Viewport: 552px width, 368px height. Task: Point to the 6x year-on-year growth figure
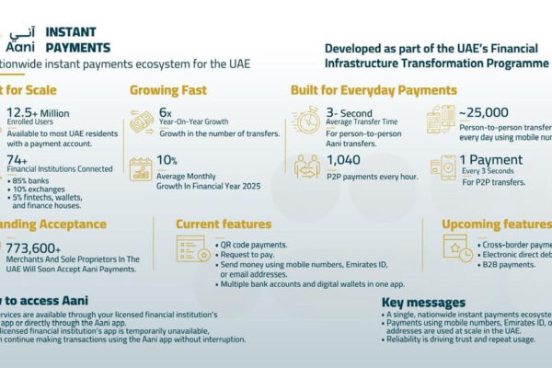(166, 112)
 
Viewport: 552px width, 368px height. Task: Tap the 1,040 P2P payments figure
(343, 159)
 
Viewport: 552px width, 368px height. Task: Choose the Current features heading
(223, 224)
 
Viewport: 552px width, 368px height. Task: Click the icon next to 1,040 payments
(307, 167)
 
